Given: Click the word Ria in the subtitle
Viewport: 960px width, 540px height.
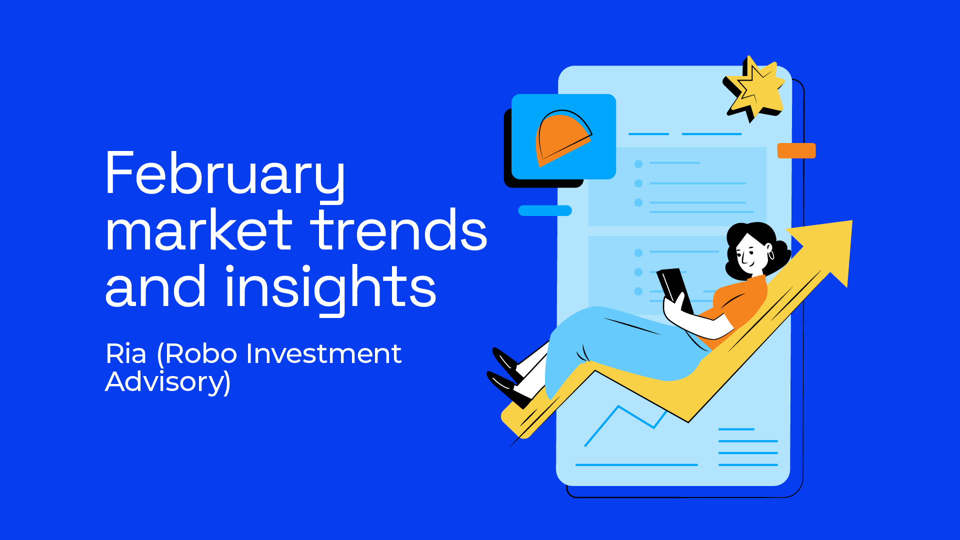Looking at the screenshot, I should click(x=125, y=354).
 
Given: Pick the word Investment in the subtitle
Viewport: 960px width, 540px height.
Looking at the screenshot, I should click(x=323, y=354).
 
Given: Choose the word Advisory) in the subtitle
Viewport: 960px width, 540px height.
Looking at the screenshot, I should click(x=168, y=382).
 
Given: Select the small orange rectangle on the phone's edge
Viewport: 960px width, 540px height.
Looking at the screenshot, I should click(x=796, y=150).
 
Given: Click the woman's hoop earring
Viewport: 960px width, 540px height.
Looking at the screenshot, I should click(x=770, y=255).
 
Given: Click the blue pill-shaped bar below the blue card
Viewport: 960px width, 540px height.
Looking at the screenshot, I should click(x=544, y=210).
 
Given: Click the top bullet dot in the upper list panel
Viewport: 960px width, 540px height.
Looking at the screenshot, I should click(x=638, y=164).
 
